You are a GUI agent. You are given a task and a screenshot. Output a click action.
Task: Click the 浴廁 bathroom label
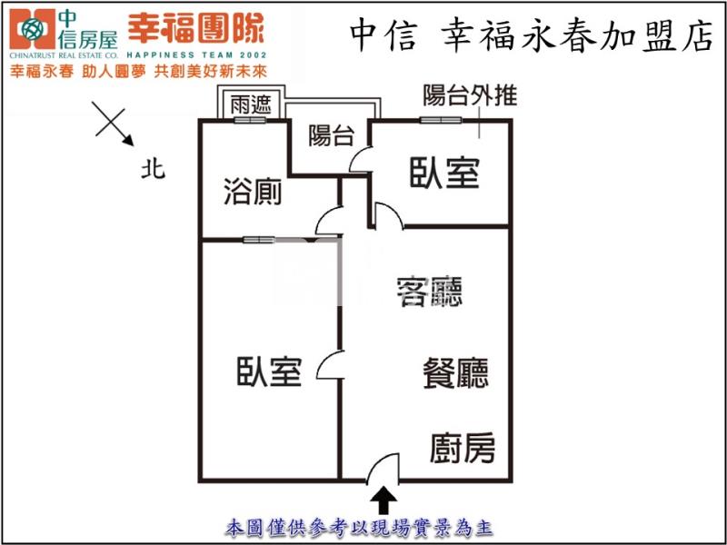click(x=252, y=193)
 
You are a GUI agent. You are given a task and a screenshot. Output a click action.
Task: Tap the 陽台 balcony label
click(x=331, y=136)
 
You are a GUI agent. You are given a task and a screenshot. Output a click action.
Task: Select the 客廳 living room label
click(x=430, y=292)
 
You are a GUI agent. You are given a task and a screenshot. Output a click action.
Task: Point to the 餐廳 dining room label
click(x=455, y=373)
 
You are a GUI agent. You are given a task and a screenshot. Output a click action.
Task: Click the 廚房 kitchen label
click(x=463, y=448)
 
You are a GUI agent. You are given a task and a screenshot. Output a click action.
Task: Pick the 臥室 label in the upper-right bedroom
click(x=443, y=173)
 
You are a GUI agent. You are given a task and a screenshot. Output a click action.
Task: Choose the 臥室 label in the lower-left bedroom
click(x=269, y=372)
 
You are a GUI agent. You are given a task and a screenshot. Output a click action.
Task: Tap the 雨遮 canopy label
click(x=251, y=104)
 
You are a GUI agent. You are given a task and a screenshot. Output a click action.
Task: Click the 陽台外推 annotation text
click(x=470, y=95)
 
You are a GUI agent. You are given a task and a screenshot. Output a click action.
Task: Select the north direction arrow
click(x=115, y=125)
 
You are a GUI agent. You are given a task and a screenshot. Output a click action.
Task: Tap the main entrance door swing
click(x=383, y=467)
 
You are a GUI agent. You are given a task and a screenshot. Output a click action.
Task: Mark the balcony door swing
click(x=360, y=160)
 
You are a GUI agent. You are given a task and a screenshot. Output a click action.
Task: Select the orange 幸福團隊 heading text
click(x=195, y=29)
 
